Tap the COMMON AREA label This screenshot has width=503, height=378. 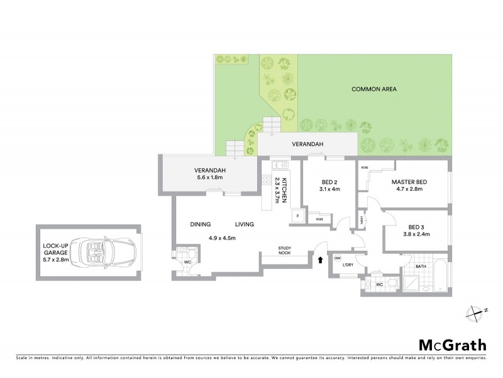tap(374, 89)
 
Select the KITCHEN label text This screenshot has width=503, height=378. tap(284, 189)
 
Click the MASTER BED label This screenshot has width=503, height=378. tap(411, 182)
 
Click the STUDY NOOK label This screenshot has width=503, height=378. tap(289, 248)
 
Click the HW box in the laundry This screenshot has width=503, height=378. tap(338, 258)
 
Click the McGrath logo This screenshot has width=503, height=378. tap(452, 344)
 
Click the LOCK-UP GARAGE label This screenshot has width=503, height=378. tap(55, 252)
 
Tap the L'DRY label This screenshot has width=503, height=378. tap(349, 264)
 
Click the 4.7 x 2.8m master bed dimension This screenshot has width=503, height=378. tap(411, 189)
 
